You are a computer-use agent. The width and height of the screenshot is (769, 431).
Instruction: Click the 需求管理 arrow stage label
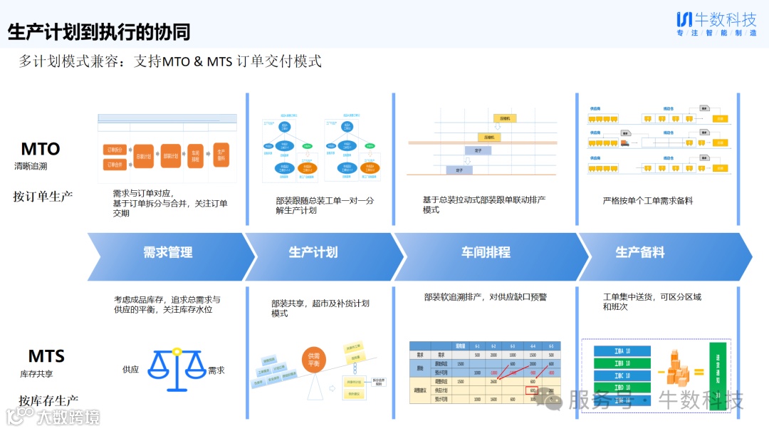[167, 253]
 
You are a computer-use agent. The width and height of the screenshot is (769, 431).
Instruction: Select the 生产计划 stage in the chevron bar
[313, 253]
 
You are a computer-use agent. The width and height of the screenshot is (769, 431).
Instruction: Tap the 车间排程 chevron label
[485, 253]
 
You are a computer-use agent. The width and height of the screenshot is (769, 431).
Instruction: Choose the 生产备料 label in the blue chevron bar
[639, 253]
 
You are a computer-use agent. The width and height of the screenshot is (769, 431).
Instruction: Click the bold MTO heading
[40, 149]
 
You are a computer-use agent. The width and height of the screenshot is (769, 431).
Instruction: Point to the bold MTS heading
[46, 355]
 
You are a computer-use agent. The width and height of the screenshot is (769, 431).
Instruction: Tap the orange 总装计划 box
[144, 155]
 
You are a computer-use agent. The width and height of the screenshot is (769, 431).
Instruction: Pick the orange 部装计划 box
[170, 155]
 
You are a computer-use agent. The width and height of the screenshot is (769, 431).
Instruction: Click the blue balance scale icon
[176, 370]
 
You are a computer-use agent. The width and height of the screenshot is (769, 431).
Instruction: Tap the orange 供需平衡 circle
[313, 360]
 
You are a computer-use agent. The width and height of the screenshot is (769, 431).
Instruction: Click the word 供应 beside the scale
[130, 370]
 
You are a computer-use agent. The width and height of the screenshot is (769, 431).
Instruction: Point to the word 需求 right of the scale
[216, 370]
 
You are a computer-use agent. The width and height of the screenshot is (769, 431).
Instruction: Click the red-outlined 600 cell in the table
[532, 390]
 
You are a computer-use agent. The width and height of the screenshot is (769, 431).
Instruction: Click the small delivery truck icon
[624, 143]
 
